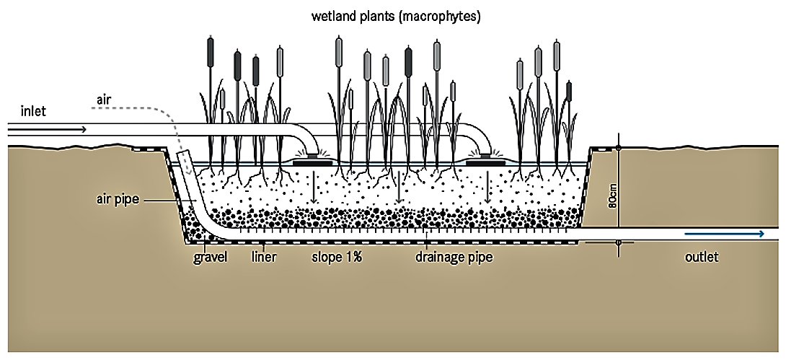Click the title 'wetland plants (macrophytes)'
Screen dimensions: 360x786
coord(394,14)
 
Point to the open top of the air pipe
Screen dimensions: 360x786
coord(182,155)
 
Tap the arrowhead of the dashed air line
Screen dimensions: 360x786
coord(187,173)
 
